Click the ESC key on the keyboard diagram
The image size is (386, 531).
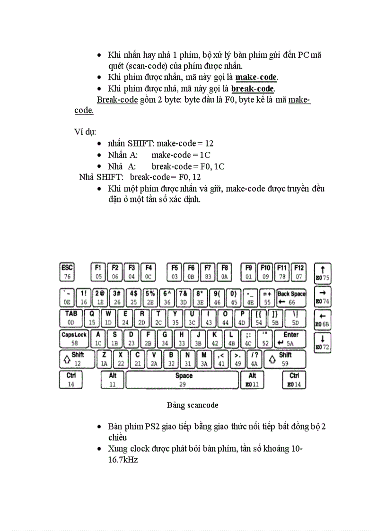point(68,272)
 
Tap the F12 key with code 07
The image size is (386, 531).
point(298,272)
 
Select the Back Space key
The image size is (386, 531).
point(291,297)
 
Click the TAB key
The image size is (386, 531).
point(71,318)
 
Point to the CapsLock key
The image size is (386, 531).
point(74,339)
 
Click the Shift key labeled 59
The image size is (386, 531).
point(284,359)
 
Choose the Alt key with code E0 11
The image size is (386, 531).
point(252,380)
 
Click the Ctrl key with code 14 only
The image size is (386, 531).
point(71,380)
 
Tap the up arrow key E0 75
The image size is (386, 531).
point(322,273)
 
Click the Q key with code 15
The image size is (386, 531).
point(92,318)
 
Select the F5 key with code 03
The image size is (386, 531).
point(175,272)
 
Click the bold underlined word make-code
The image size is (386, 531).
point(256,77)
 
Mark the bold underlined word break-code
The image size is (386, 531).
point(253,88)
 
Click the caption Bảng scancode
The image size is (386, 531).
point(192,405)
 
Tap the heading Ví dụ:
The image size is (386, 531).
point(85,131)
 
